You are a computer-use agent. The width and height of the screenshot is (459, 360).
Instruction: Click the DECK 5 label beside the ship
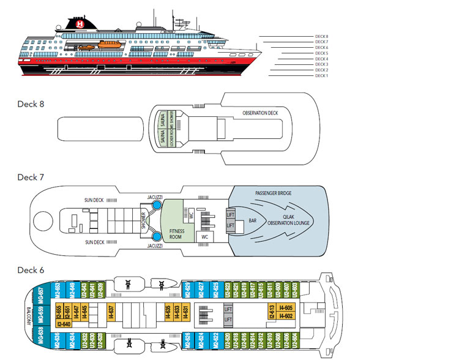tap(322, 53)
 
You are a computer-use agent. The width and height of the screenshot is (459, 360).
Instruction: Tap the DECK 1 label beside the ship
tap(322, 75)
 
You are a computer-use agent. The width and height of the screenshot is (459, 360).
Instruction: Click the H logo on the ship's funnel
tap(80, 24)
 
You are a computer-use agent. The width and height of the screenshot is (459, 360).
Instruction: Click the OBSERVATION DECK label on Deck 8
tap(259, 114)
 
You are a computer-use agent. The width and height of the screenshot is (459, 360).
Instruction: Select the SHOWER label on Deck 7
tap(144, 219)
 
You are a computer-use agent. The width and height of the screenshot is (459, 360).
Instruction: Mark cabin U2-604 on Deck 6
tap(295, 337)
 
